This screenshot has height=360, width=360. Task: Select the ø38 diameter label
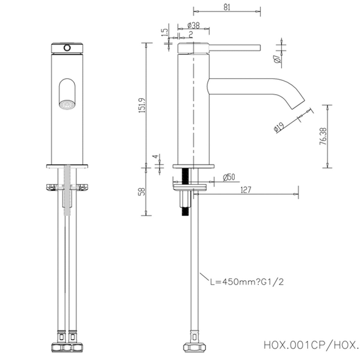click(193, 25)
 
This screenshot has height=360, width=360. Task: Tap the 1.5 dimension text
click(164, 33)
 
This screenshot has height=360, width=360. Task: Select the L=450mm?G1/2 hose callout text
click(246, 282)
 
